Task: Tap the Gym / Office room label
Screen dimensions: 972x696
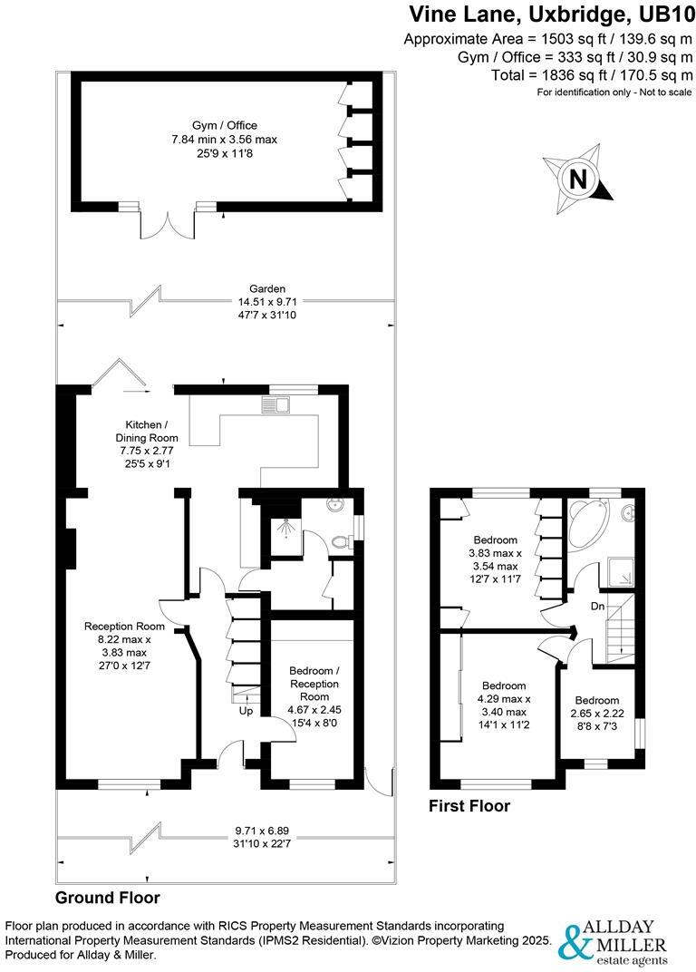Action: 224,125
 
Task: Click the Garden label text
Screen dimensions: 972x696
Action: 224,288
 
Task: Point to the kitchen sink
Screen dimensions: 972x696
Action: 276,403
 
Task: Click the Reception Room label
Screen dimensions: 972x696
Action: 124,626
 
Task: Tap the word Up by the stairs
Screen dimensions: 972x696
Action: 246,712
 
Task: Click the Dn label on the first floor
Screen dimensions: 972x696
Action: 596,606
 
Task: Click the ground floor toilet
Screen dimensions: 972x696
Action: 342,542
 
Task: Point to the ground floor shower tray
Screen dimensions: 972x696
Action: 283,524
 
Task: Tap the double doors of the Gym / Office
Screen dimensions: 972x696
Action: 168,223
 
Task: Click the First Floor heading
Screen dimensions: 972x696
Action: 469,806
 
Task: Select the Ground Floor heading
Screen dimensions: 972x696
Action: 108,898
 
